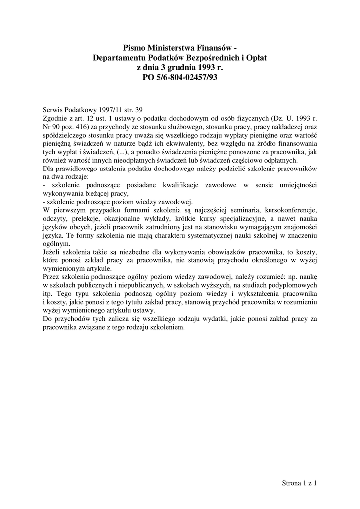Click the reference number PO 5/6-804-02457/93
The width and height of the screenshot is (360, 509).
[180, 77]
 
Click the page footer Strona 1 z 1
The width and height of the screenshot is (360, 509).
[299, 483]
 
